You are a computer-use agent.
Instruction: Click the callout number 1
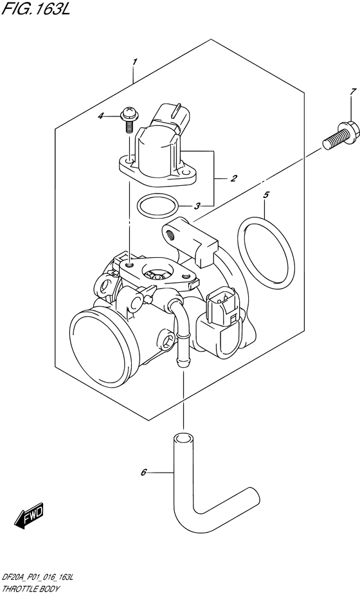coord(134,62)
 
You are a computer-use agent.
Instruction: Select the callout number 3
coord(198,206)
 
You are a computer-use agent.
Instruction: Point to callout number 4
coord(118,116)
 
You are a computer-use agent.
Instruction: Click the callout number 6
coord(143,473)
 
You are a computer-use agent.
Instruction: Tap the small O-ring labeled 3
coord(158,206)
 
